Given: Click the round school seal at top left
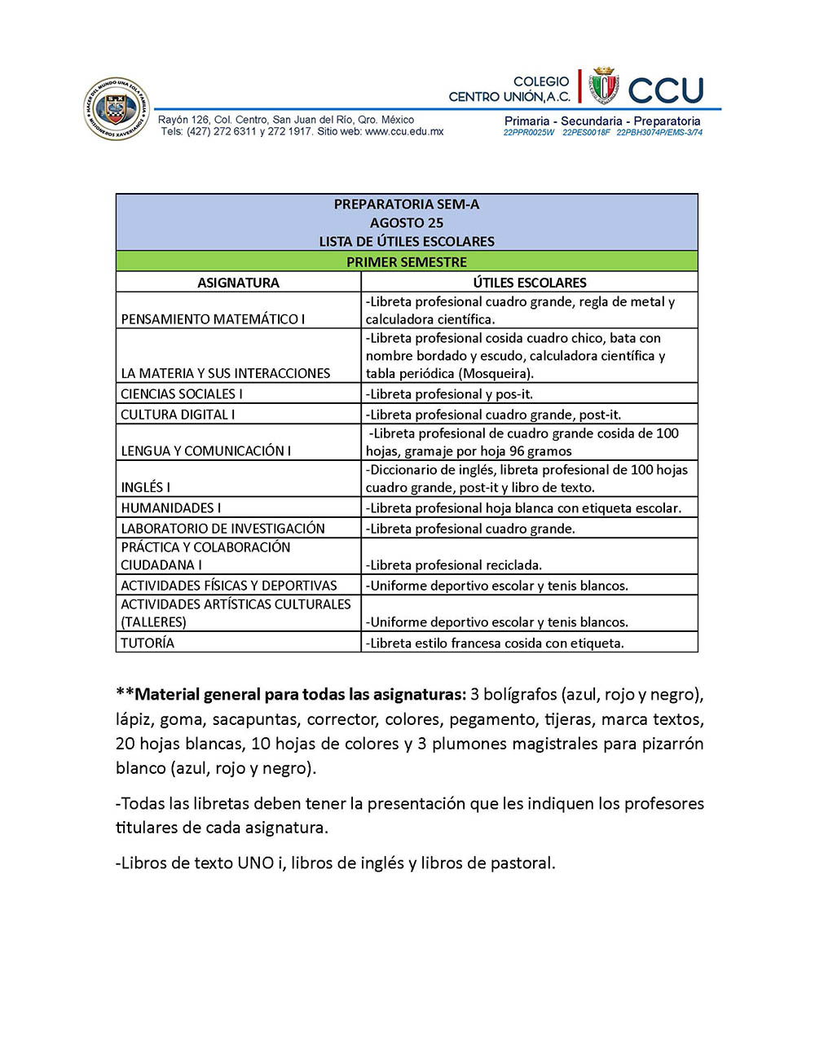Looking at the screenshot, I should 117,109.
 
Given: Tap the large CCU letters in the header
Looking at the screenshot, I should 666,90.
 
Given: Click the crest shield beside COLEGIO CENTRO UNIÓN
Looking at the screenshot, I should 604,86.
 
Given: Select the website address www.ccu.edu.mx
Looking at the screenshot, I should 404,131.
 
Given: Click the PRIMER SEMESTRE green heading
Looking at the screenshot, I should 407,261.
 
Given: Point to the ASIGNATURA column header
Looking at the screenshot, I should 238,283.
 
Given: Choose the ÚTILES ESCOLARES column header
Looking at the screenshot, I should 530,283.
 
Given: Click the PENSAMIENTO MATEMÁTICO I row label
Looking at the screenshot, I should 213,319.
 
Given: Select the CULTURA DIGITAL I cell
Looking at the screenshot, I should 178,415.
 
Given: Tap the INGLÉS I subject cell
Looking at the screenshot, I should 146,487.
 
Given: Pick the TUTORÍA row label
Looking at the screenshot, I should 148,643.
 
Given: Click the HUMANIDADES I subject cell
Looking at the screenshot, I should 171,507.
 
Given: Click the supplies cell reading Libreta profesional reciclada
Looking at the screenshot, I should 454,564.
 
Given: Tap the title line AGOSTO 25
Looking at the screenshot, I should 407,222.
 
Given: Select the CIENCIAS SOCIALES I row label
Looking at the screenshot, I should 182,394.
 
